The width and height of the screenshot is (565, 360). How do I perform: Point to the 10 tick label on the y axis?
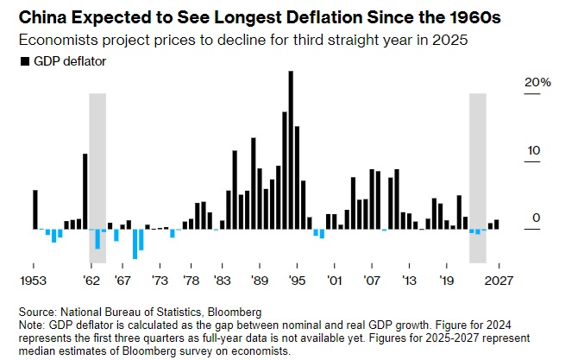click(534, 150)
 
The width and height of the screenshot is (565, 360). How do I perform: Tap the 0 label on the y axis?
click(537, 218)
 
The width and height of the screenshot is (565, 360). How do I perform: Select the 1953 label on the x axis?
click(35, 281)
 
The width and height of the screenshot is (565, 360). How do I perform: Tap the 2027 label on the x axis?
click(494, 281)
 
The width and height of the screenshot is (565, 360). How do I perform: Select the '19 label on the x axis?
click(446, 281)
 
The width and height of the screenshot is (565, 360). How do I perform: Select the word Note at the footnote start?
click(30, 322)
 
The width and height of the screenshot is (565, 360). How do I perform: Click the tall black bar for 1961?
click(85, 191)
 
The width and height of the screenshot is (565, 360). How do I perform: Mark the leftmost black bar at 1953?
click(35, 209)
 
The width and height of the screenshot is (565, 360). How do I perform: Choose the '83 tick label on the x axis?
click(222, 281)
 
